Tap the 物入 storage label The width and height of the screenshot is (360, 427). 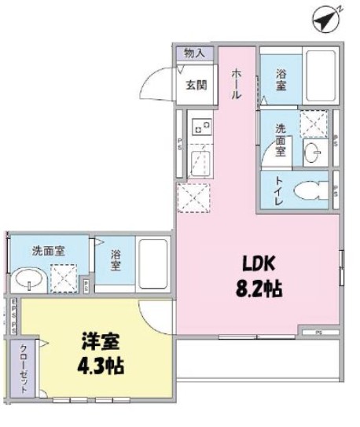click(194, 53)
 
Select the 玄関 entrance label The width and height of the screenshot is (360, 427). click(197, 85)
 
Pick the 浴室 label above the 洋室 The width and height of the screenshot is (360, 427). click(116, 260)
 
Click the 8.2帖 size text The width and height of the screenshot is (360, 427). click(256, 289)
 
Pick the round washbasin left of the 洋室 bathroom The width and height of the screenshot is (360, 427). click(29, 278)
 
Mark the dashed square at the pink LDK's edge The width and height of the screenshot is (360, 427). click(193, 197)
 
